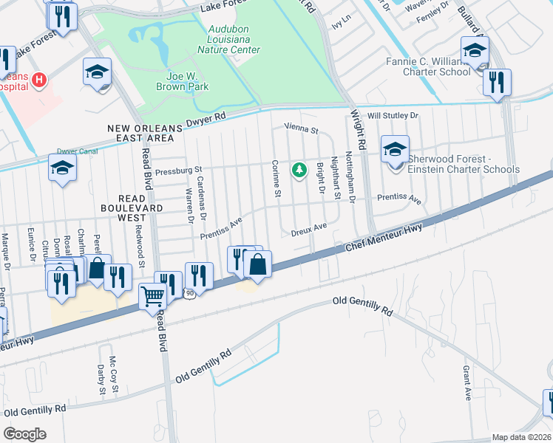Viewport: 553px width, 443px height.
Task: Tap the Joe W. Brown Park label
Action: [x=182, y=81]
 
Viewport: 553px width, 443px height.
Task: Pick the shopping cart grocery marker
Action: [x=152, y=296]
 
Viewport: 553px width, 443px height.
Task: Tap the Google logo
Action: [x=24, y=433]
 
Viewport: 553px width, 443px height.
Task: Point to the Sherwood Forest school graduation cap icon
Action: [x=395, y=150]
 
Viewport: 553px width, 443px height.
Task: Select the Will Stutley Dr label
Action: [x=393, y=116]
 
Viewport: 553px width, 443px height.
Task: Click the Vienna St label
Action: [x=302, y=131]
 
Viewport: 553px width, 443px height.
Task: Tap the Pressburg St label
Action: [x=179, y=171]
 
